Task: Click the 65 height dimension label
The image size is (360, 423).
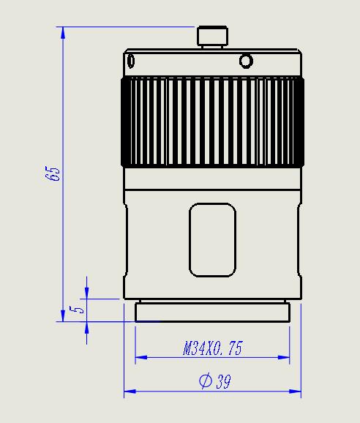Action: pos(53,173)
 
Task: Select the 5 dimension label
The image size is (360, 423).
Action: pos(77,310)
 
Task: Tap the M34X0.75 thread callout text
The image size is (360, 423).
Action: pos(213,348)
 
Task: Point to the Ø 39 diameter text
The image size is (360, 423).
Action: pos(215,381)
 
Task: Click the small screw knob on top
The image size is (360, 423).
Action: pos(212,37)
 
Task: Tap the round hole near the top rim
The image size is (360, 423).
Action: pos(246,61)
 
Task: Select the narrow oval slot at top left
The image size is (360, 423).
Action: pos(131,61)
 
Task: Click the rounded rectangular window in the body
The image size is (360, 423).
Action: pos(212,240)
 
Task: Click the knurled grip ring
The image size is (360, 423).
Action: pos(212,121)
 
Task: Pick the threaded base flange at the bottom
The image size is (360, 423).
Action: pos(212,312)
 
